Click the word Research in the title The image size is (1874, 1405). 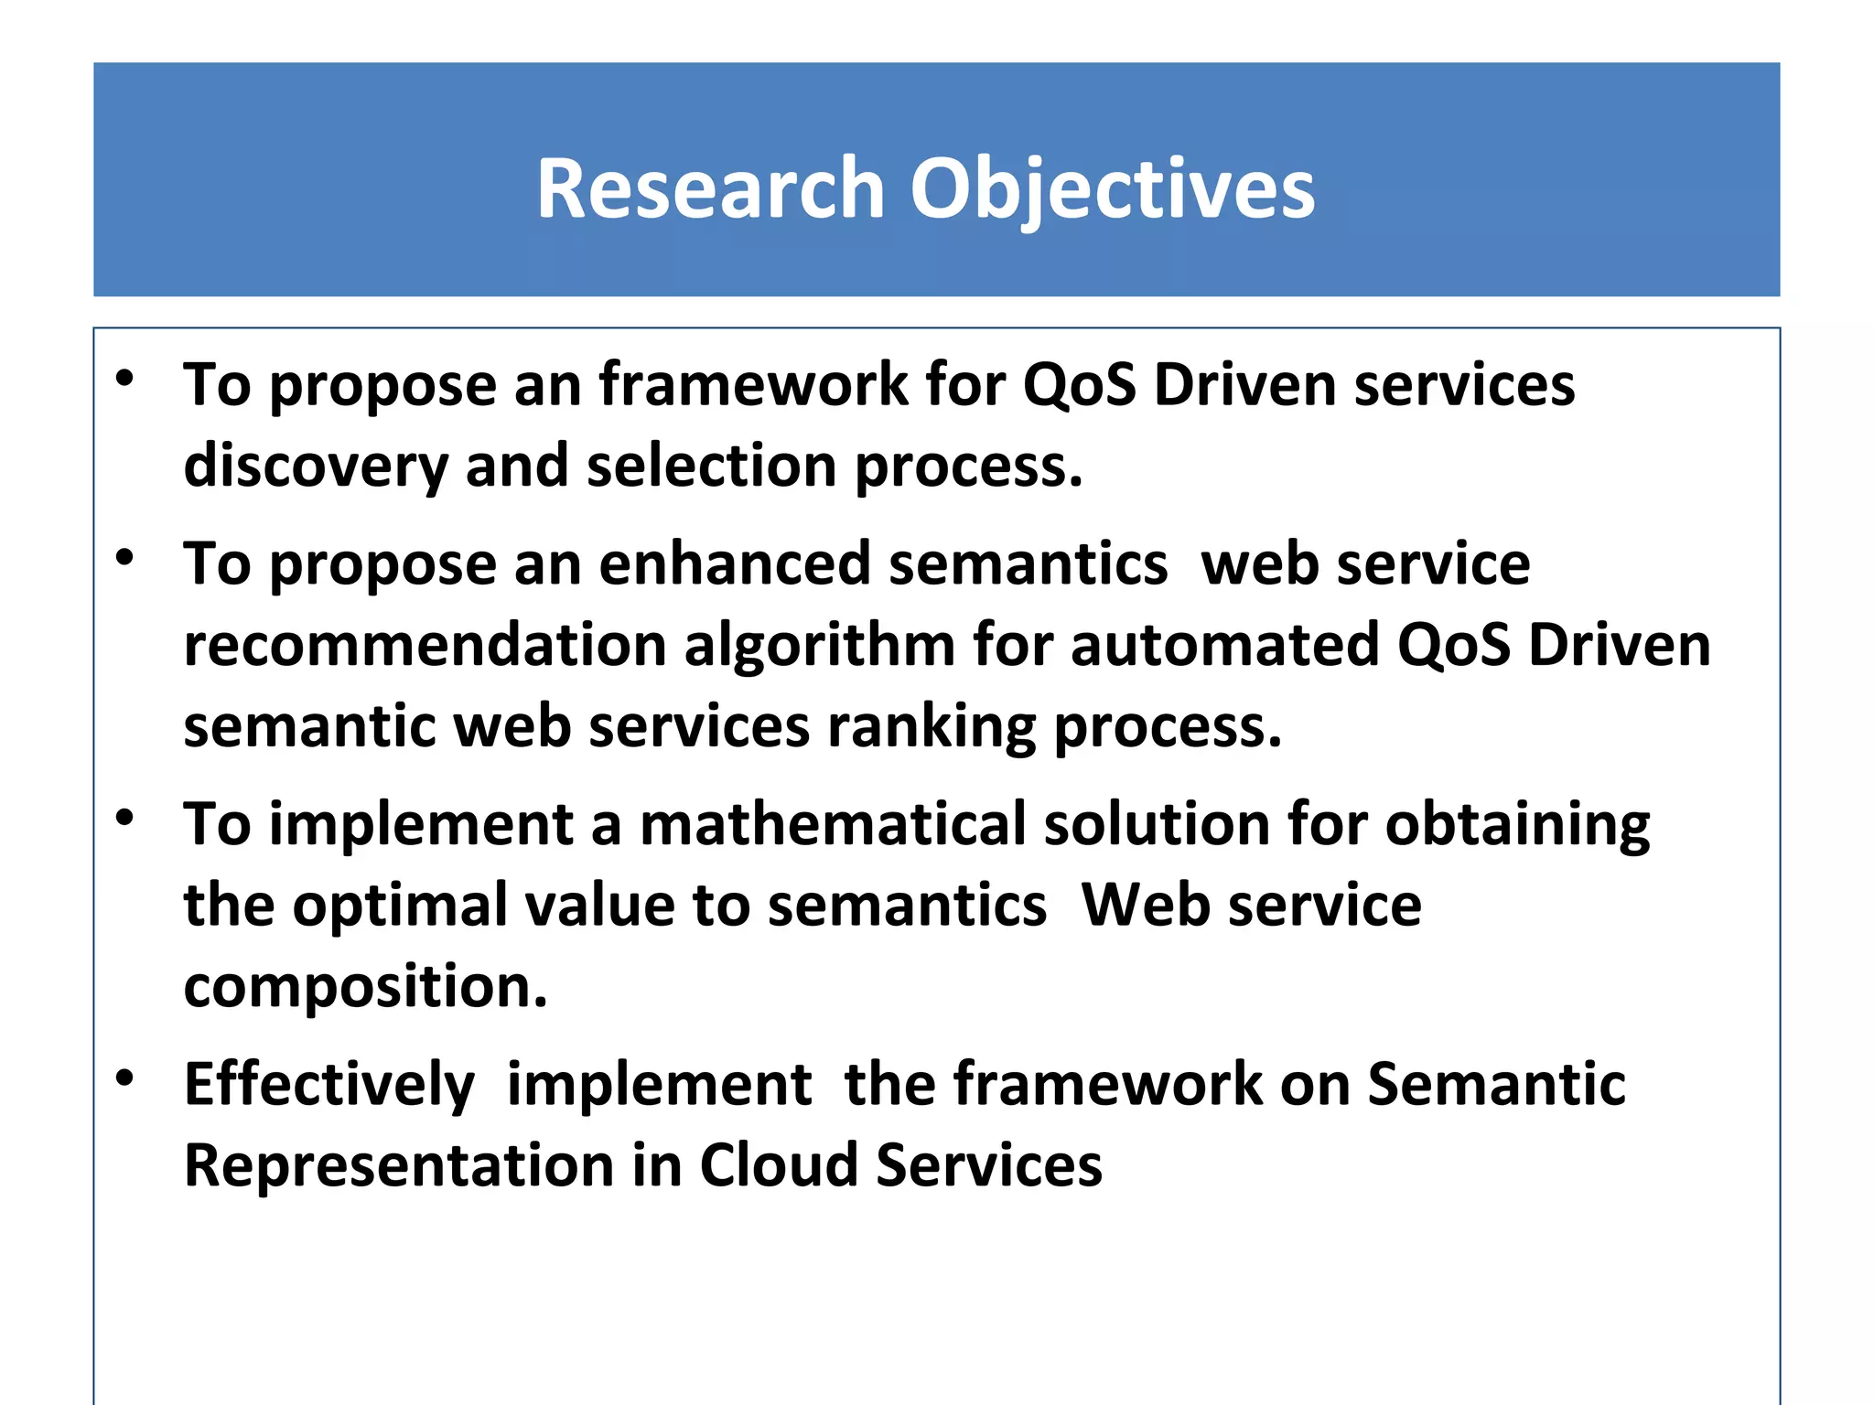709,188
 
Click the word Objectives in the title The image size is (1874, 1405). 1112,188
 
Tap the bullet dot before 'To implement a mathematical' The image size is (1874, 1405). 125,817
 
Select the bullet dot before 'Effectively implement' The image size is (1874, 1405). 125,1078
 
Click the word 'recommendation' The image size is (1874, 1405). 425,645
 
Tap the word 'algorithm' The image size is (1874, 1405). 820,645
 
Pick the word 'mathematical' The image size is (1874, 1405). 832,824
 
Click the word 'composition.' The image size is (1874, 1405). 365,987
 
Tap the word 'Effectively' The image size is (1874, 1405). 329,1085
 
